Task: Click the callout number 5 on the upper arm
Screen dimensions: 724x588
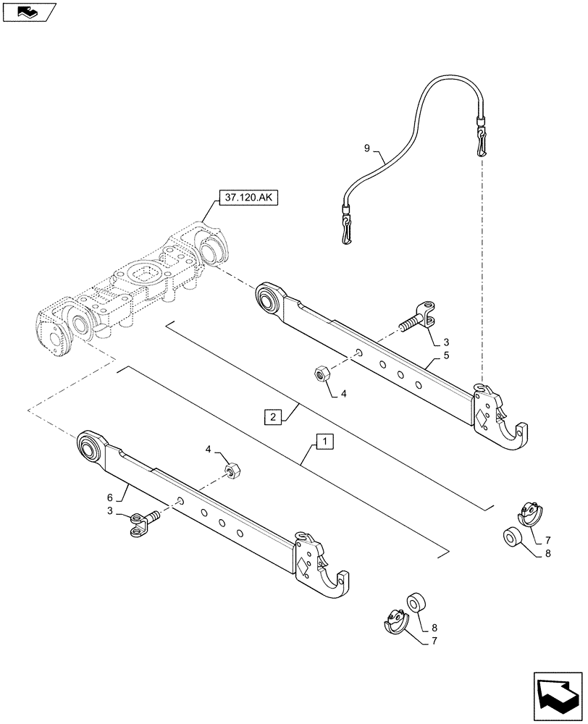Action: click(x=447, y=355)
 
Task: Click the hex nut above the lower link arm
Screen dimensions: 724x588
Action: click(x=233, y=471)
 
